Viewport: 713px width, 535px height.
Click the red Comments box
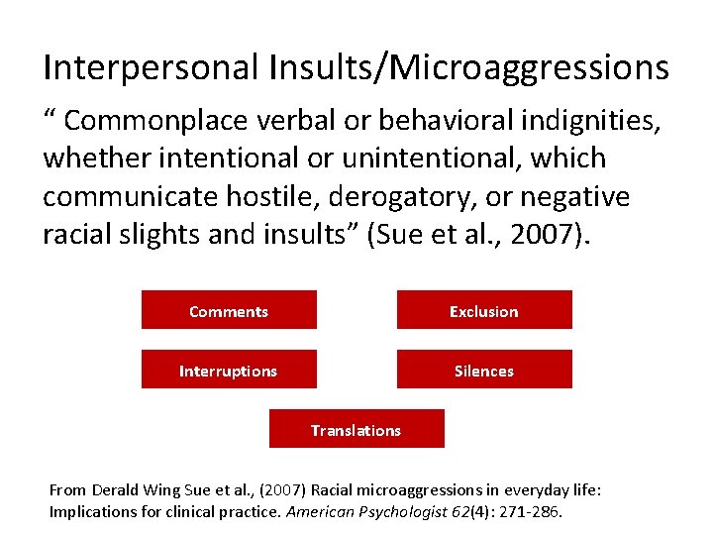point(229,310)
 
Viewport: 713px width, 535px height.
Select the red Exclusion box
point(484,310)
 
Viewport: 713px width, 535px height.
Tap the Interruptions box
point(229,370)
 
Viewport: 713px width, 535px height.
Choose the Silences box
point(484,370)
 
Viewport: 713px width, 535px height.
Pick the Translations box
point(356,429)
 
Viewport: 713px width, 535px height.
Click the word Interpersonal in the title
point(150,67)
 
